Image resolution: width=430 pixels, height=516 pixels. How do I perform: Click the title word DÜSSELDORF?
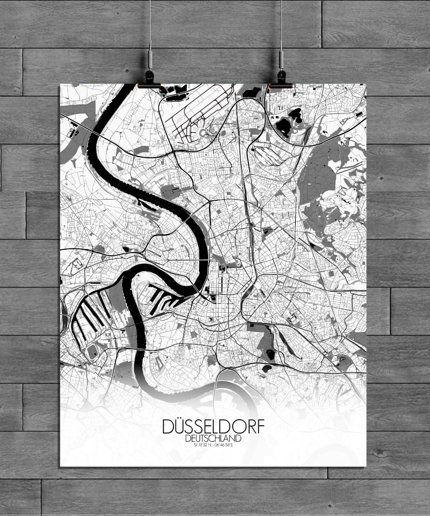[214, 427]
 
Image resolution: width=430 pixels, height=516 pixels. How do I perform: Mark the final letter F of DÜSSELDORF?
[261, 427]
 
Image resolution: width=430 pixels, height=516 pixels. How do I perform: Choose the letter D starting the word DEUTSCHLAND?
[186, 438]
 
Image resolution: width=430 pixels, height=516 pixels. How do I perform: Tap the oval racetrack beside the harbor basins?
[92, 353]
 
